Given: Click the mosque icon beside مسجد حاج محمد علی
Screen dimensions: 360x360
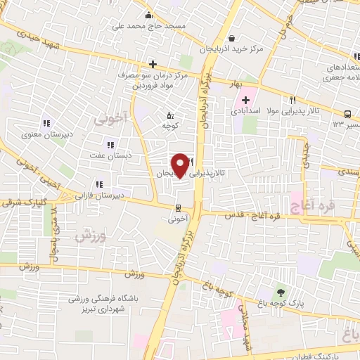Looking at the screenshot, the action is [148, 15].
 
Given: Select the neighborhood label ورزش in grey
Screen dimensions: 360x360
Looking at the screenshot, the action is [89, 236].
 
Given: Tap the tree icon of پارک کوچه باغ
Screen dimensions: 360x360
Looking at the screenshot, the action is [281, 292].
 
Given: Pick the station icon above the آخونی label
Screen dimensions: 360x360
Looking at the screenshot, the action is [177, 207].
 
